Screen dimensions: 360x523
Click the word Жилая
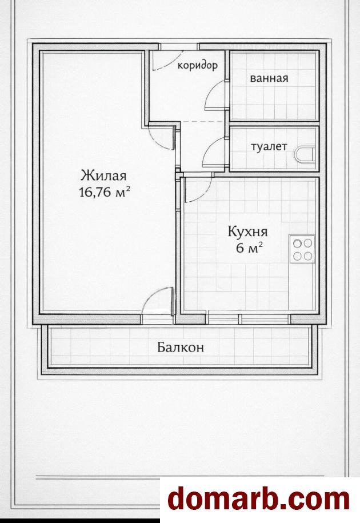(103, 175)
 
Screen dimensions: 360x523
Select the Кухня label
(247, 232)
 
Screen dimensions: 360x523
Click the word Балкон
(181, 348)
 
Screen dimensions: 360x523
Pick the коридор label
(198, 65)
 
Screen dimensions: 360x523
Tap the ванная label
(269, 78)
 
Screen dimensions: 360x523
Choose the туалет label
(269, 146)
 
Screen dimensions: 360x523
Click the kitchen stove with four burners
(302, 249)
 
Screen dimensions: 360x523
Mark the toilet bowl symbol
(305, 154)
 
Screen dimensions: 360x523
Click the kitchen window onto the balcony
(248, 319)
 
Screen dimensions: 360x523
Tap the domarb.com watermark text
(259, 500)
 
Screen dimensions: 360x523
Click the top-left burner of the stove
(297, 243)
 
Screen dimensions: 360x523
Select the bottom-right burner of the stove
(308, 256)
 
